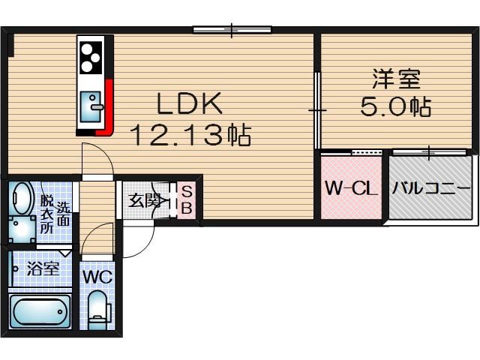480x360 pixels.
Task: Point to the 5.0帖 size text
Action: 395,107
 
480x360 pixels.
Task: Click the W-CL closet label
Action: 349,188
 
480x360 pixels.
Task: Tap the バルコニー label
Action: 433,188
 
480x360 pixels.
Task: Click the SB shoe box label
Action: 186,200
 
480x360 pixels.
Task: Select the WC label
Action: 97,276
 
